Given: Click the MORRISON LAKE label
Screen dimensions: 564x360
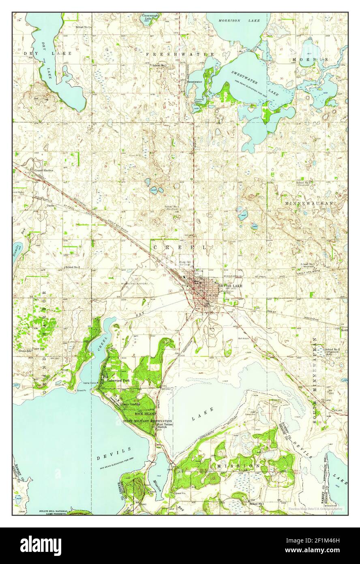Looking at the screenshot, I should pos(236,20).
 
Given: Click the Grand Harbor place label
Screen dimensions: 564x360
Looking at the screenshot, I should pos(43,170).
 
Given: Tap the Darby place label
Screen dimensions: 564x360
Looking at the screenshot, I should pos(39,206).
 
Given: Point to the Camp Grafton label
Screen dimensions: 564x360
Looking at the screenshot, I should pos(131,405).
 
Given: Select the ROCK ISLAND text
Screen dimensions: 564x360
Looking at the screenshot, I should pos(145,413).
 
